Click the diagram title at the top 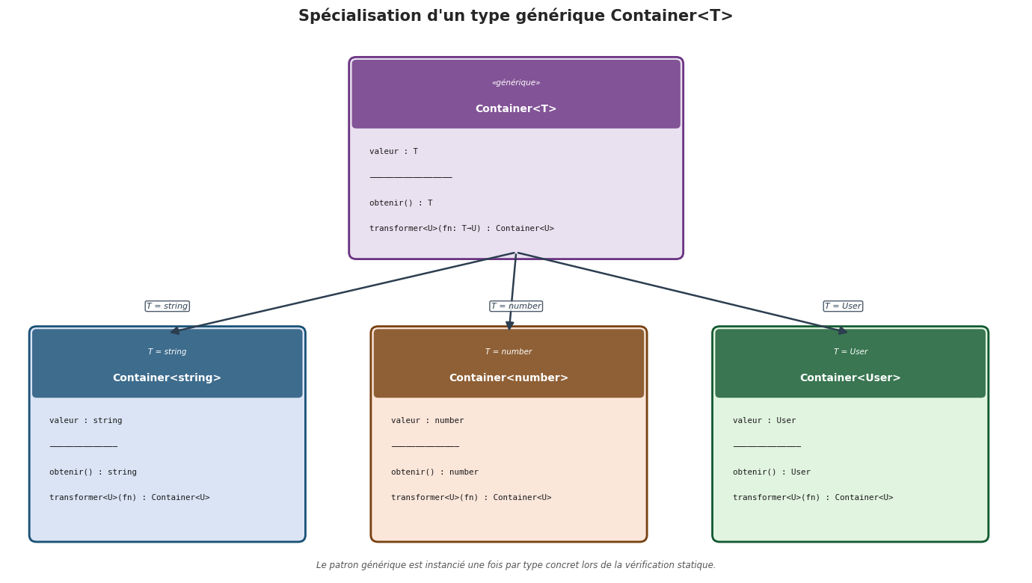[x=515, y=16]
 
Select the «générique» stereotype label [x=516, y=83]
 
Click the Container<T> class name [x=516, y=109]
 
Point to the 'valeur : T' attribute [x=393, y=152]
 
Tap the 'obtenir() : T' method [x=401, y=203]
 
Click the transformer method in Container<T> [x=461, y=229]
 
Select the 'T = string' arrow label [x=167, y=306]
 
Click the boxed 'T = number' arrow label [x=516, y=306]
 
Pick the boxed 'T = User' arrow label [x=843, y=306]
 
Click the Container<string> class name [x=167, y=378]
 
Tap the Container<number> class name [x=509, y=378]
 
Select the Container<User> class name [x=850, y=378]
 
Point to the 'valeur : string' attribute [x=86, y=421]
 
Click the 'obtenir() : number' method [x=434, y=472]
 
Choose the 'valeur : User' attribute [x=764, y=421]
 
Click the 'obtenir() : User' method [x=772, y=472]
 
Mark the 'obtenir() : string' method [x=93, y=472]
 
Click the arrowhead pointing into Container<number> [x=510, y=325]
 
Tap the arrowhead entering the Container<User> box [x=842, y=330]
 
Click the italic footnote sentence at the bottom [x=516, y=566]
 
